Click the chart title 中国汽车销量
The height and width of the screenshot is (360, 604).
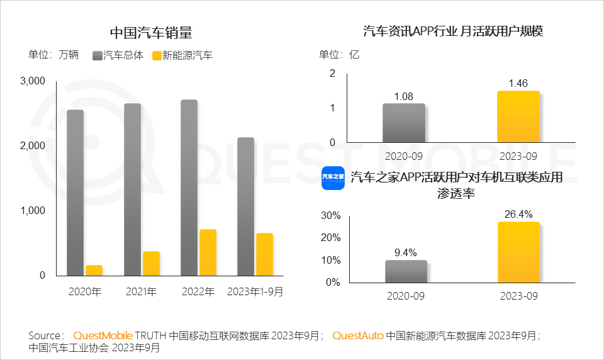tap(151, 33)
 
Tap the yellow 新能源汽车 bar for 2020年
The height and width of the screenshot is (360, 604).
tap(94, 270)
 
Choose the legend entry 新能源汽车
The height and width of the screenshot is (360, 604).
tap(182, 55)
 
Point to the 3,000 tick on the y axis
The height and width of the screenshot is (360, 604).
tap(33, 81)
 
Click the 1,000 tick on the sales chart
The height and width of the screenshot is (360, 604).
tap(33, 210)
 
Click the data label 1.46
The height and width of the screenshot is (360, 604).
tap(518, 82)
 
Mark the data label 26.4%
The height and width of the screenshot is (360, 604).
tap(518, 213)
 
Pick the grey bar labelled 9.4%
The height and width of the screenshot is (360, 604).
tap(405, 271)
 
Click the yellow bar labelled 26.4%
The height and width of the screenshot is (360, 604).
tap(518, 252)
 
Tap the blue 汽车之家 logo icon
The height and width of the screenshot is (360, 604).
tap(333, 178)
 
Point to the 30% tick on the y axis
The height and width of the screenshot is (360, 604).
tap(331, 215)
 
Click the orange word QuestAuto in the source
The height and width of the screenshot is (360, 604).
tap(357, 336)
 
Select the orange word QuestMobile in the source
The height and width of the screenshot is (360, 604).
tap(103, 336)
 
